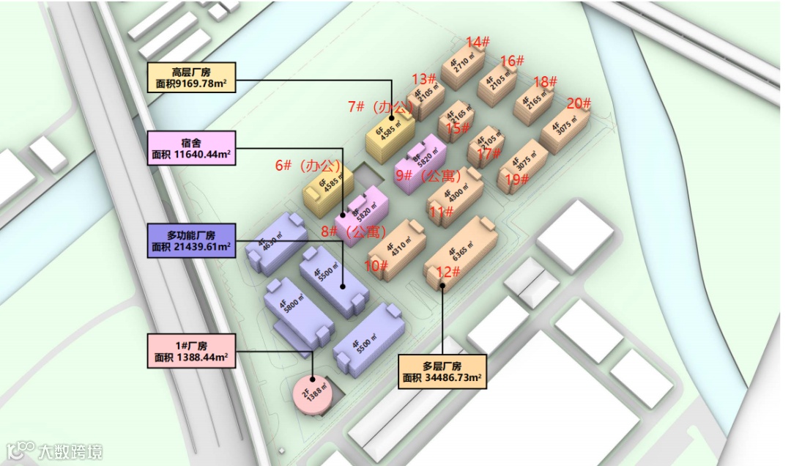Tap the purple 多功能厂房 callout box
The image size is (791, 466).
pyautogui.click(x=191, y=240)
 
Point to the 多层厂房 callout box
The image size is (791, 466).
pyautogui.click(x=442, y=371)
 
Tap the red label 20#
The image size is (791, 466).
pyautogui.click(x=579, y=103)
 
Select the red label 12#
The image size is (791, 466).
pyautogui.click(x=448, y=273)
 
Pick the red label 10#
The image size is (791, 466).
pyautogui.click(x=376, y=266)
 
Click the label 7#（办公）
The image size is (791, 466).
pyautogui.click(x=381, y=107)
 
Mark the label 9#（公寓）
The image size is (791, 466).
pyautogui.click(x=428, y=176)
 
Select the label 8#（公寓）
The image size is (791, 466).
pyautogui.click(x=353, y=232)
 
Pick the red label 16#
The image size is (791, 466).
pyautogui.click(x=512, y=61)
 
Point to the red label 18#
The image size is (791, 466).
pyautogui.click(x=546, y=81)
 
